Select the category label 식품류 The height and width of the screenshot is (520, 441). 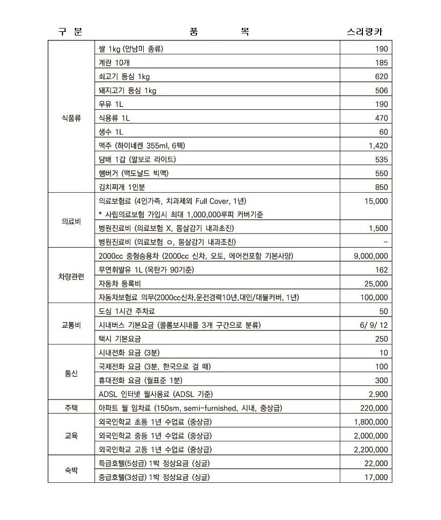point(71,118)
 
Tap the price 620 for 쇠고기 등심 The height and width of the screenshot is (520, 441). point(381,76)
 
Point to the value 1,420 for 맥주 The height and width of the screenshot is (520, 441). point(378,145)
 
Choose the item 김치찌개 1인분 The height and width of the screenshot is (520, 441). point(122,187)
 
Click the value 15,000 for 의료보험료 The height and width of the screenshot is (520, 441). point(375,201)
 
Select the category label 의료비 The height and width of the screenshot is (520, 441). point(71,221)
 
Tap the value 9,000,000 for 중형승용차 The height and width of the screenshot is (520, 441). point(370,256)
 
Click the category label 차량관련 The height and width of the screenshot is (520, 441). point(71,276)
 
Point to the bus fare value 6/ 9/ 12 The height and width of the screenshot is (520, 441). point(374,325)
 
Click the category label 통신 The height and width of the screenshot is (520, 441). point(71,373)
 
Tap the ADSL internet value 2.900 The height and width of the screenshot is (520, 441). point(377,394)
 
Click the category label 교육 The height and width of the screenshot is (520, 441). point(71,435)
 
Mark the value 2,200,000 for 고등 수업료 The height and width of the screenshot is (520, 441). point(370,449)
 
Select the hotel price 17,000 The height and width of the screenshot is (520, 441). point(376,477)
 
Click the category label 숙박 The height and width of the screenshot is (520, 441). point(71,470)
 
